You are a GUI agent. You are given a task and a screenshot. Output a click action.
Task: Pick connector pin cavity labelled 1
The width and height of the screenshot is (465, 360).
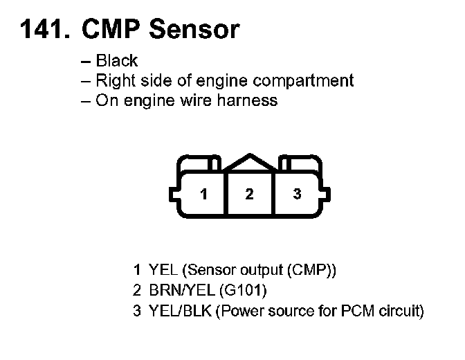point(203,194)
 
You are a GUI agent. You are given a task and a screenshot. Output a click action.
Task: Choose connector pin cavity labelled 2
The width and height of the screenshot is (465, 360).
point(249,194)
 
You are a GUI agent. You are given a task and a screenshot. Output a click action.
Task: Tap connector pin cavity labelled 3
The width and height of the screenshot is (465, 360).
point(297,194)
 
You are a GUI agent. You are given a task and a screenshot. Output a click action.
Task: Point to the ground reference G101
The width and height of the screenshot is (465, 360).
point(246,290)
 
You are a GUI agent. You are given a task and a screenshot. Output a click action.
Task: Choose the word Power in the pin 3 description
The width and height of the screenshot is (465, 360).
point(240,311)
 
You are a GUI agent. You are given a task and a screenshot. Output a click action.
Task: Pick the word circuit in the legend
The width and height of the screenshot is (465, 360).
point(399,311)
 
